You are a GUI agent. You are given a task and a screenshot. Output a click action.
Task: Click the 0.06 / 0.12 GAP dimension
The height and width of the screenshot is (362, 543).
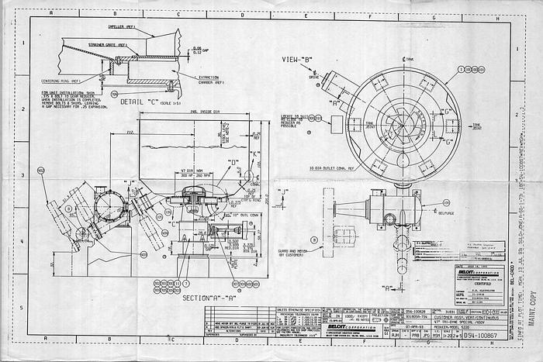[x=197, y=51]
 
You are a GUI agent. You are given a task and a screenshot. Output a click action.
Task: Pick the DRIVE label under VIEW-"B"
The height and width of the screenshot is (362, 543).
[x=313, y=78]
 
